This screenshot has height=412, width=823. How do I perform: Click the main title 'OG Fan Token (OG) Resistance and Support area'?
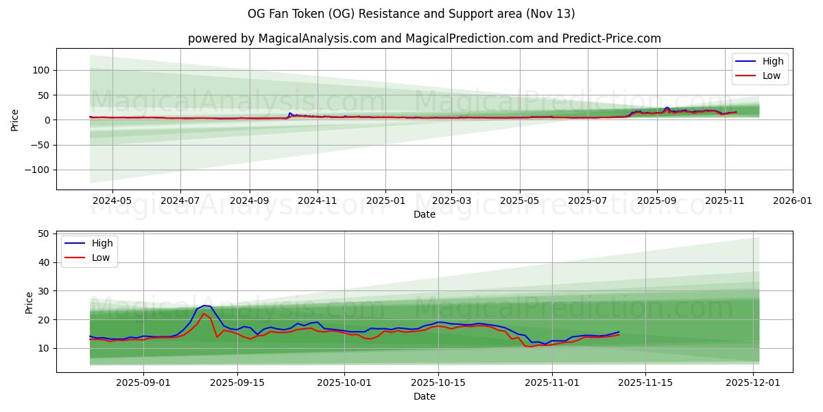pyautogui.click(x=411, y=14)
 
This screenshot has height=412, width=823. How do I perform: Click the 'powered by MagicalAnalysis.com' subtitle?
pyautogui.click(x=282, y=38)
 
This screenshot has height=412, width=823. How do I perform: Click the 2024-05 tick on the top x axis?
pyautogui.click(x=112, y=201)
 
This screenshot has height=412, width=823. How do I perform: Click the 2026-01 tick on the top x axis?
pyautogui.click(x=792, y=201)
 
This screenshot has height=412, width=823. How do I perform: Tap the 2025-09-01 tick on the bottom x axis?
pyautogui.click(x=143, y=383)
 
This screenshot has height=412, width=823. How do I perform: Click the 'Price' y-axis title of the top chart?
pyautogui.click(x=15, y=119)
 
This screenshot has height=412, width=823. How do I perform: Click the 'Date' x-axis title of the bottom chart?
pyautogui.click(x=424, y=397)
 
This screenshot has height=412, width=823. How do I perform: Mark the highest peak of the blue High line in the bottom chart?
pyautogui.click(x=204, y=306)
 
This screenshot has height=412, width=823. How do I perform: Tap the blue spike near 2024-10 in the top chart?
pyautogui.click(x=290, y=113)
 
